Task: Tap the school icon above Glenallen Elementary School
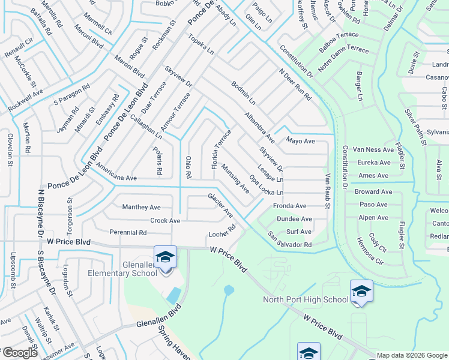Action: (165, 257)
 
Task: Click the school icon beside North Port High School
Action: (361, 291)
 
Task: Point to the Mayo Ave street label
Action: (300, 141)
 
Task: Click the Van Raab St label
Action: (328, 191)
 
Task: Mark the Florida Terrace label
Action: (220, 149)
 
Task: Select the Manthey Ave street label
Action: (142, 207)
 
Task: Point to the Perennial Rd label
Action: (128, 232)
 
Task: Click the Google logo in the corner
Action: (19, 353)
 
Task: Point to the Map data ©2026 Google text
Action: (412, 355)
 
